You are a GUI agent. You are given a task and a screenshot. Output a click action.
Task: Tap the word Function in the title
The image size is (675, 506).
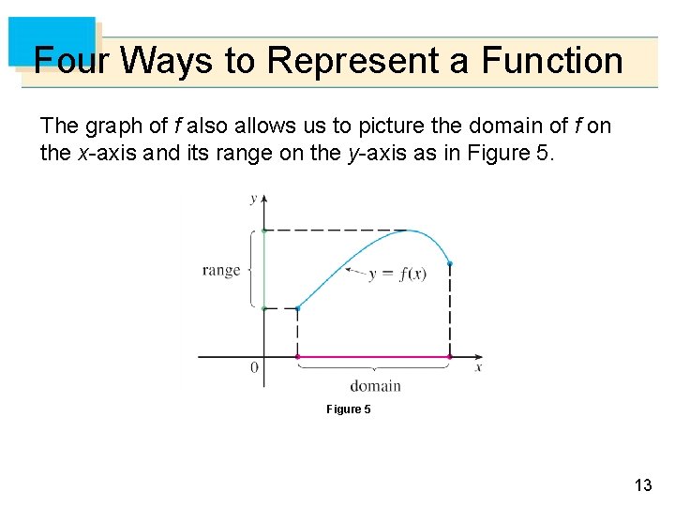(552, 61)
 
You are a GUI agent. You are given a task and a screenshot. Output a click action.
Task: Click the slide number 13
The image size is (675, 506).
(642, 484)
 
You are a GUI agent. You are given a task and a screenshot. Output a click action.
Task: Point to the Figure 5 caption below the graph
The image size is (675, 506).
(348, 409)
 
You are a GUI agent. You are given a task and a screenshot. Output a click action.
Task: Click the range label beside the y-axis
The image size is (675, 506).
(221, 271)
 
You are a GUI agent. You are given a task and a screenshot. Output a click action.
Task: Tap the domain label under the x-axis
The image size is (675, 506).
(375, 386)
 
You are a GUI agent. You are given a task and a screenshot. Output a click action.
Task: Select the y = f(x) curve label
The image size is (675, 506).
(398, 275)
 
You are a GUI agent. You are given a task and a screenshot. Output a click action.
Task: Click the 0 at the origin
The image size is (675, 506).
(254, 368)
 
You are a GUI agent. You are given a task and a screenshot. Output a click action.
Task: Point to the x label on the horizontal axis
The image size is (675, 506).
(478, 367)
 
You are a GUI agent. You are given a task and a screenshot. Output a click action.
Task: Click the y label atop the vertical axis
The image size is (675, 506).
(253, 199)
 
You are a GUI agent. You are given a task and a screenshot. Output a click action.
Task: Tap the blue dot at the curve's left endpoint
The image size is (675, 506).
(297, 307)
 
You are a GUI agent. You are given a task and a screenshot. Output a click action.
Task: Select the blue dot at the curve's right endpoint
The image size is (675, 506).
(450, 263)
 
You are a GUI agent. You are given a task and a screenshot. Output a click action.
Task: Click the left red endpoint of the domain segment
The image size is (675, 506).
(297, 357)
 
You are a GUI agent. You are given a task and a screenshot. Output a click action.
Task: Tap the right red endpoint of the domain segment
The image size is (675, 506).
(450, 357)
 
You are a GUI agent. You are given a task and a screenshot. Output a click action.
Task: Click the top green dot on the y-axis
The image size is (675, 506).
(264, 231)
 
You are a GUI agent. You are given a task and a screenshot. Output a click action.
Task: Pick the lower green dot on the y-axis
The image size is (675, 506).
(264, 307)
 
